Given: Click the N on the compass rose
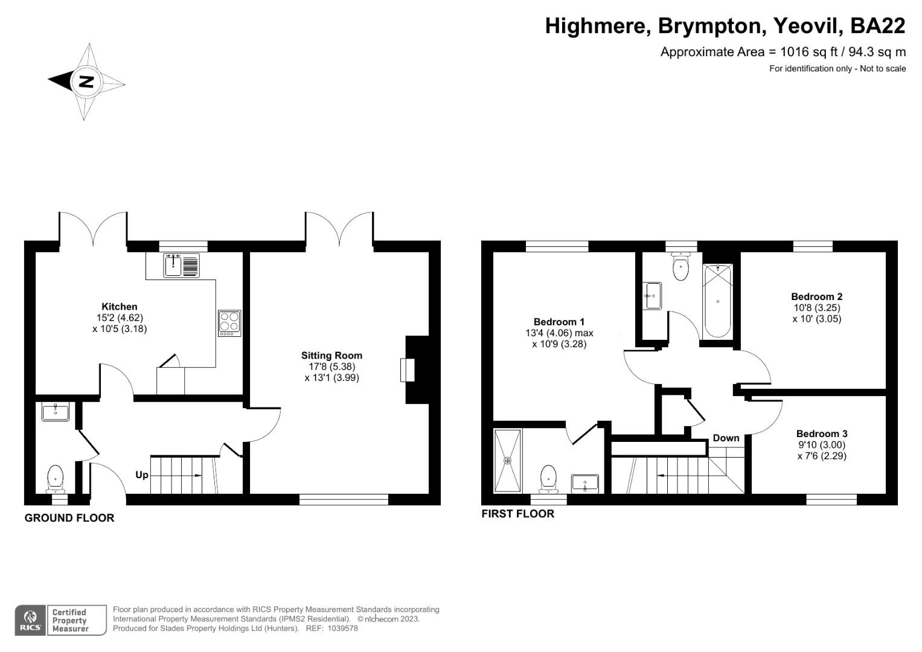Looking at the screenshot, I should click(86, 81).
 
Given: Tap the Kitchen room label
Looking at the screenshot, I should click(119, 307).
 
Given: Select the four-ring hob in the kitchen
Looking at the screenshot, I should click(229, 323).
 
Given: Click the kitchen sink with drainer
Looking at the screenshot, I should click(181, 265).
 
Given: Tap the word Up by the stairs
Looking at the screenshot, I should click(141, 475).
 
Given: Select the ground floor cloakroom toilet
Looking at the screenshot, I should click(56, 478).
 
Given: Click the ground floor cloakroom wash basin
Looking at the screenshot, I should click(56, 412).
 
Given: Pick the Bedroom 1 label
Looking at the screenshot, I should click(559, 322).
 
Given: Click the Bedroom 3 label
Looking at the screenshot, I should click(821, 433).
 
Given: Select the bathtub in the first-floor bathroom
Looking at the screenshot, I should click(717, 301).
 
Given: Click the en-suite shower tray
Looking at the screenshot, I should click(507, 461).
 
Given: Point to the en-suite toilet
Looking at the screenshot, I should click(548, 477).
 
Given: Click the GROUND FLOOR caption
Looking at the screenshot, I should click(69, 518).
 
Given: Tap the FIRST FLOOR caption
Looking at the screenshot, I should click(517, 514).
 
